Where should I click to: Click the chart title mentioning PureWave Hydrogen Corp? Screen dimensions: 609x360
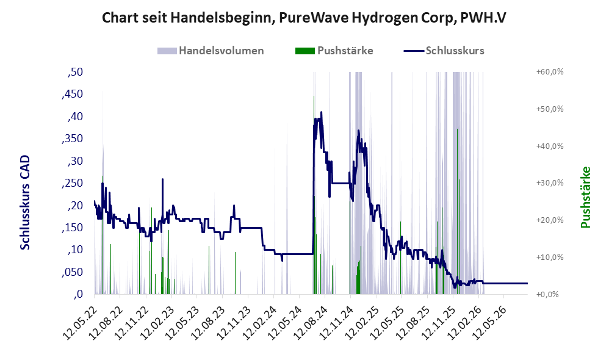click(304, 18)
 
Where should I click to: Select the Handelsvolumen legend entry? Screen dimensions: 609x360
click(211, 51)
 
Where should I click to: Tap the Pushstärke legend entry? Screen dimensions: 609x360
click(334, 51)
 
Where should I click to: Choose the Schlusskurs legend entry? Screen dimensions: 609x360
click(444, 51)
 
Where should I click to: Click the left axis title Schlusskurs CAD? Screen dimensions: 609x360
click(25, 203)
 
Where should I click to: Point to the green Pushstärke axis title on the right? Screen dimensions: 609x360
click(585, 197)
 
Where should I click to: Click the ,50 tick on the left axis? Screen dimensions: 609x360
click(75, 72)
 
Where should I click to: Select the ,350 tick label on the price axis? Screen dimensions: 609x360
click(72, 139)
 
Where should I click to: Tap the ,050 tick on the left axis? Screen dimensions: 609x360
click(72, 272)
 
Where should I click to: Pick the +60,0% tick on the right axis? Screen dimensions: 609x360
click(550, 72)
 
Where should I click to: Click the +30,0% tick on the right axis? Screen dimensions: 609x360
click(550, 183)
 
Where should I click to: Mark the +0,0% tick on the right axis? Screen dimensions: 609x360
click(547, 294)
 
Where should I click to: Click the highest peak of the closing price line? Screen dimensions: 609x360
click(321, 112)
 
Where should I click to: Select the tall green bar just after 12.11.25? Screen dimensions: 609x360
click(457, 212)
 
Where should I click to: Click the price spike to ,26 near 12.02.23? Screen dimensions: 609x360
click(163, 179)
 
